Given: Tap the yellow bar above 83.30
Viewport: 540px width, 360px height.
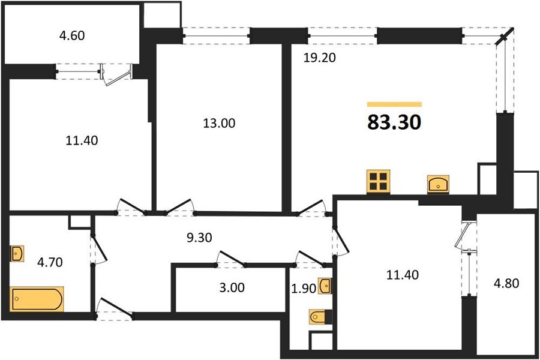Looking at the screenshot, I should coord(394,104).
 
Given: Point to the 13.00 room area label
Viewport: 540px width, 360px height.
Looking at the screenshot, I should coord(219,124).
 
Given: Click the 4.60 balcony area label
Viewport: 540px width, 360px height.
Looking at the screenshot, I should coord(72,35).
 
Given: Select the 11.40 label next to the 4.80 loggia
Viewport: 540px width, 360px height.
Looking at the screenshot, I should coord(400,275).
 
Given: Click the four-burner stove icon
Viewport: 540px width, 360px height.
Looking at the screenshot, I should coord(379,181).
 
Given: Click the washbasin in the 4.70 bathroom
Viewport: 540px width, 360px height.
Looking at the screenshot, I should coord(17,254).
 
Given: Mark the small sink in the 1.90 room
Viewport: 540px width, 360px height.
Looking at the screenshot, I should coord(325,286).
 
